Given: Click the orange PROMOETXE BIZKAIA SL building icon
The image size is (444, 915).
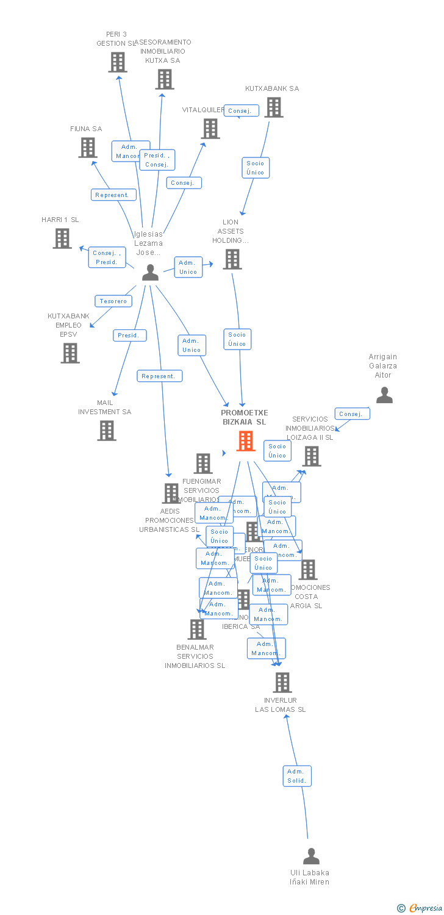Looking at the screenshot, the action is [246, 440].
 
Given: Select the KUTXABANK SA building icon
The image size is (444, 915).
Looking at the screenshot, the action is [274, 107].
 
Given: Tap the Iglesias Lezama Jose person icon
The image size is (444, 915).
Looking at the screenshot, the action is [150, 273].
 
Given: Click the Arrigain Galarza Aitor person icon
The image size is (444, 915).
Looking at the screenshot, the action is [384, 395].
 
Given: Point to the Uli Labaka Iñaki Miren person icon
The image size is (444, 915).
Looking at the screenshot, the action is [311, 856].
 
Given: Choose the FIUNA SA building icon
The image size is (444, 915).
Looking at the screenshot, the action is [88, 147].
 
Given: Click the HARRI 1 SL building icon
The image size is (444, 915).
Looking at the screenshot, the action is [62, 239].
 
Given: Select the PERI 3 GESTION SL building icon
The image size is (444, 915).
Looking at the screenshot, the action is [118, 62].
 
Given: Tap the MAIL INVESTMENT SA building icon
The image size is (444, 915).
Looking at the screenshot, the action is [107, 431].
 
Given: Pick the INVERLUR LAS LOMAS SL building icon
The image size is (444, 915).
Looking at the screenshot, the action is [282, 682].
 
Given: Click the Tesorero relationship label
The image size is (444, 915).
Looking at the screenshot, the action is [113, 301].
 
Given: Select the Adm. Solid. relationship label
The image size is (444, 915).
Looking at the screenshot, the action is [297, 776].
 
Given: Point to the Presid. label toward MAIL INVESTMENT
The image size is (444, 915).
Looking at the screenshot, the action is [129, 335].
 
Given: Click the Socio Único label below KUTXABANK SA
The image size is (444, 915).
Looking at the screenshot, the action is [256, 167].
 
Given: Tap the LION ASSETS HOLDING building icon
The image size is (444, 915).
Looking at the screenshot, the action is [232, 259].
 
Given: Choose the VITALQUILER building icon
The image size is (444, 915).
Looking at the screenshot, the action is [211, 129].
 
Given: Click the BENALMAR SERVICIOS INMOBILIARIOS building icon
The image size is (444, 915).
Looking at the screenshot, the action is [197, 629].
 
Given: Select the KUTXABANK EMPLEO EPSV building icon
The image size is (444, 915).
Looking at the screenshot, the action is [70, 353].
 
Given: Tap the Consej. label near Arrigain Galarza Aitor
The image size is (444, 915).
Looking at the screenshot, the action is [351, 414].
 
